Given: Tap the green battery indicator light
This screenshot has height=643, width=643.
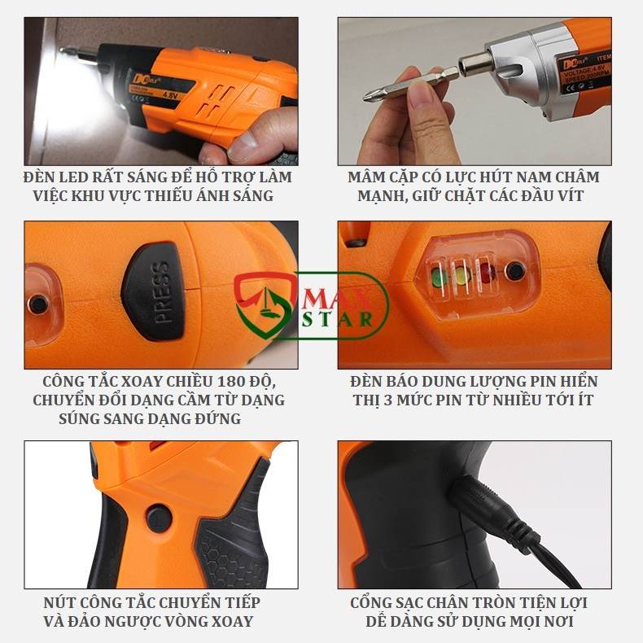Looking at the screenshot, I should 439,277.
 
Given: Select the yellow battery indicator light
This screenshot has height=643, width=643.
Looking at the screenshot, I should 462,275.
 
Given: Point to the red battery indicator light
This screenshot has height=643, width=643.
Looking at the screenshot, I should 487,273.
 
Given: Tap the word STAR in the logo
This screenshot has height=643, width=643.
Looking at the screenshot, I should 340,318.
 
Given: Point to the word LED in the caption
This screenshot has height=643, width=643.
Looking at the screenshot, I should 76,177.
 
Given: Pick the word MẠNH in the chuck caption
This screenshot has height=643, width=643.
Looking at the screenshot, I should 380,196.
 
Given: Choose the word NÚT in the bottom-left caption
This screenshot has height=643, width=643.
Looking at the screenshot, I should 59,603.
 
